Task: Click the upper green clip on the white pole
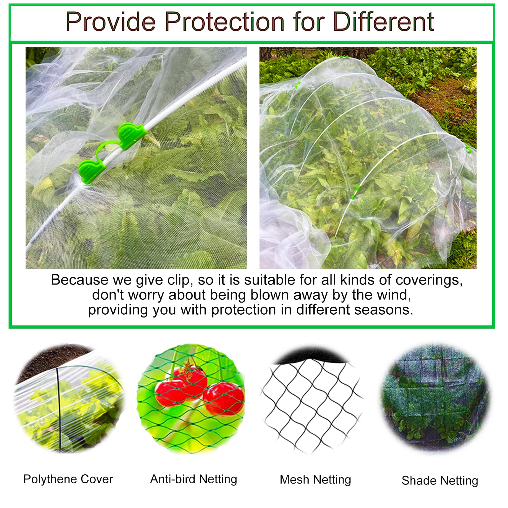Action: tap(131, 135)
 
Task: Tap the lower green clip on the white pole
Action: tap(91, 171)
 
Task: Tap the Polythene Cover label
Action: tap(68, 479)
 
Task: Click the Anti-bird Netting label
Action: tap(194, 479)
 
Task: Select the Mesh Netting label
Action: tap(315, 480)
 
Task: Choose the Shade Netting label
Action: tap(440, 481)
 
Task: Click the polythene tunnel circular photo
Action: tap(68, 398)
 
